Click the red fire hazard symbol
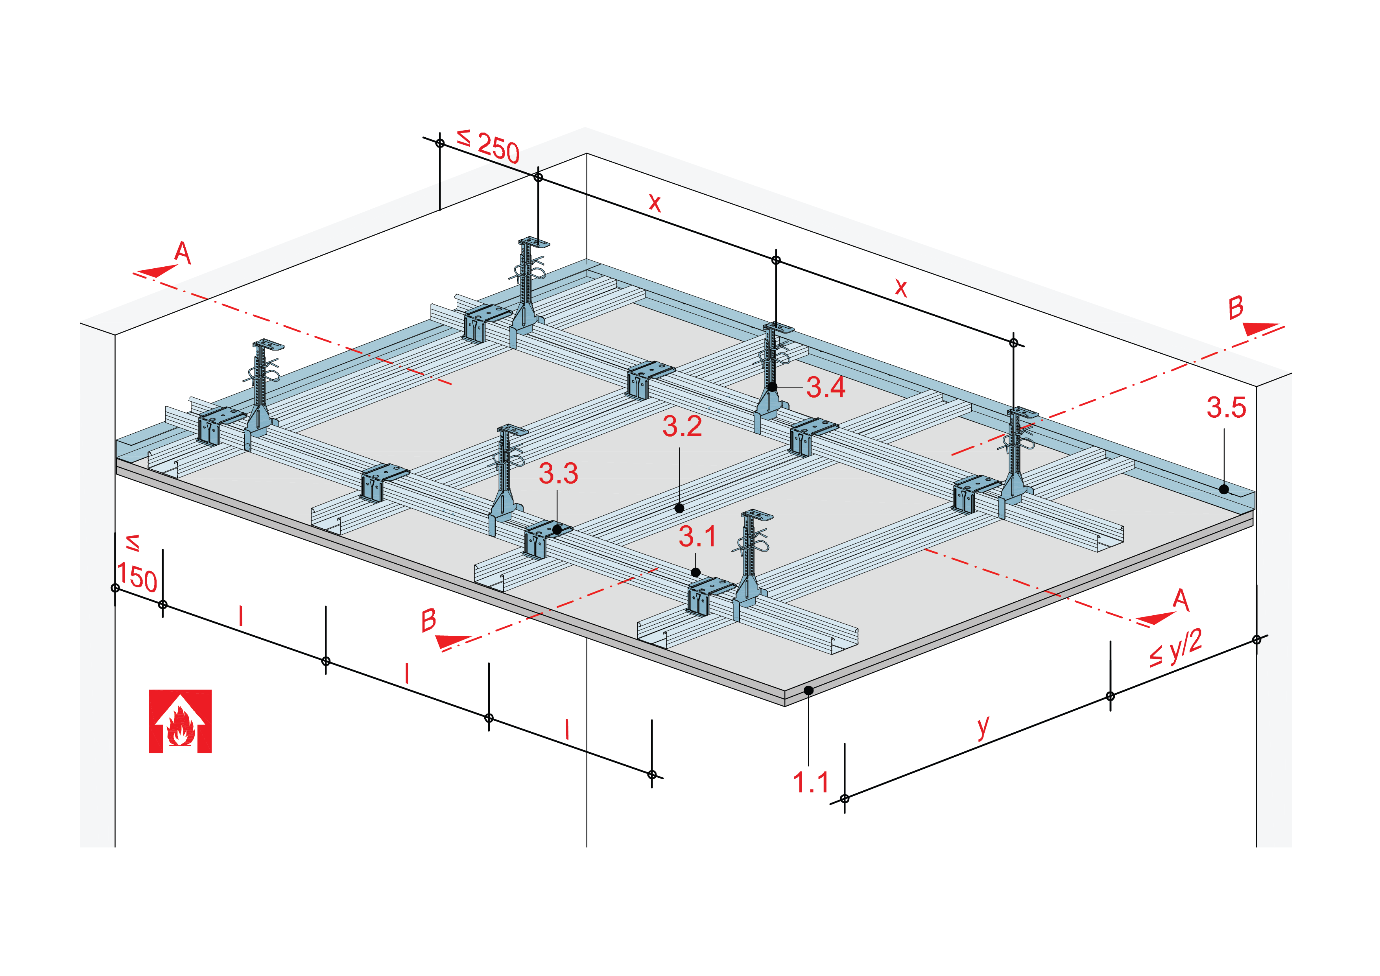[180, 721]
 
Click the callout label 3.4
[825, 387]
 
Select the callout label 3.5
[1226, 408]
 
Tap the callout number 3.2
[682, 427]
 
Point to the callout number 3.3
[558, 474]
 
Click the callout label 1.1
[811, 782]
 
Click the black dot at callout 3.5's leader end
[1224, 489]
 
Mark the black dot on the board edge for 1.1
[809, 690]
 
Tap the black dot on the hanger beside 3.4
[772, 387]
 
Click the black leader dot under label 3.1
[696, 573]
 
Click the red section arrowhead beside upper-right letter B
[1259, 329]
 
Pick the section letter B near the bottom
[428, 620]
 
